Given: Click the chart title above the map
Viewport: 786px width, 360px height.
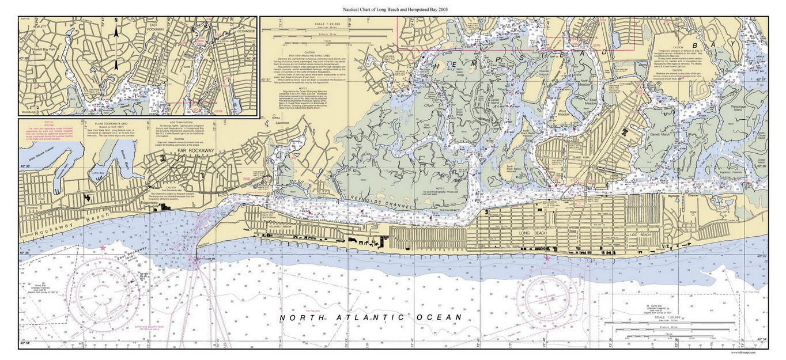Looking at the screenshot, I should [x=395, y=10].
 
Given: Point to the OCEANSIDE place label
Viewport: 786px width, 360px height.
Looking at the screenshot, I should [x=242, y=31].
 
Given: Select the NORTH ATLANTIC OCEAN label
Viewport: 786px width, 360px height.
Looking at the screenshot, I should [x=371, y=318].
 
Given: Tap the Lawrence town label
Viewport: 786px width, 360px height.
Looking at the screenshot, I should [x=282, y=123].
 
